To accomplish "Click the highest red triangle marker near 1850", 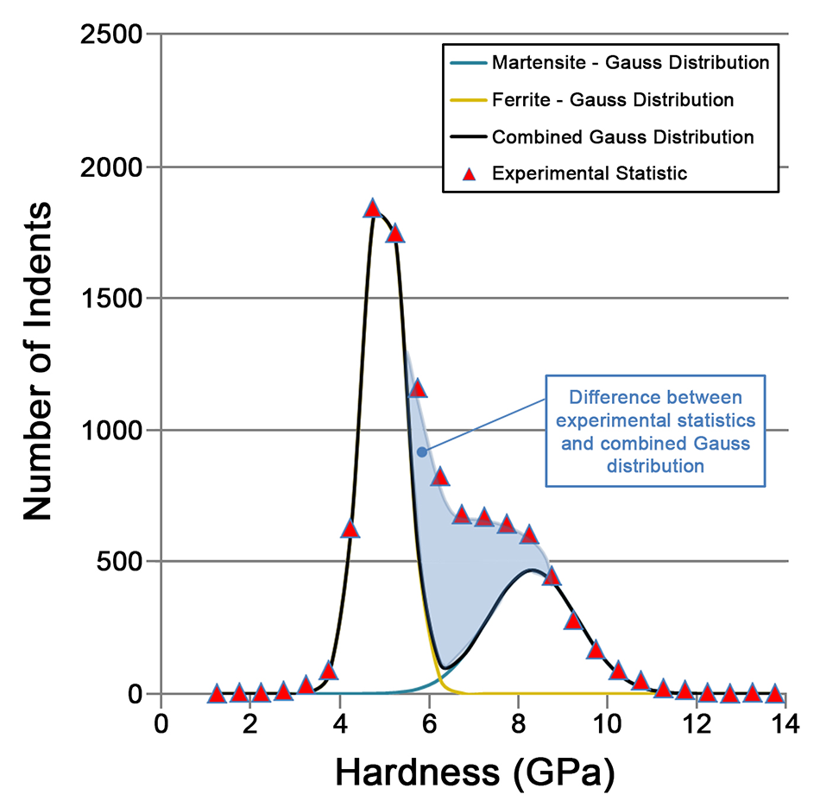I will click(372, 209).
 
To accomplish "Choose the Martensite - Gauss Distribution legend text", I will click(630, 63).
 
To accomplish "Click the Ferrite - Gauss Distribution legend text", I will click(613, 100).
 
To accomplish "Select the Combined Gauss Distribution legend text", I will click(622, 136).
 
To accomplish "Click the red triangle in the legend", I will click(469, 173).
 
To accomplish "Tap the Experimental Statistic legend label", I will click(590, 173).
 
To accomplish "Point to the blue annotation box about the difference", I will click(654, 429).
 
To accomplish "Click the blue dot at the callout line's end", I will click(421, 451).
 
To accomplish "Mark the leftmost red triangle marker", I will click(217, 693).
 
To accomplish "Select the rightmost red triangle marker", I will click(774, 693).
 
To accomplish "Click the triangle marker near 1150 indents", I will click(418, 388).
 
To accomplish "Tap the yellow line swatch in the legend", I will click(469, 100).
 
